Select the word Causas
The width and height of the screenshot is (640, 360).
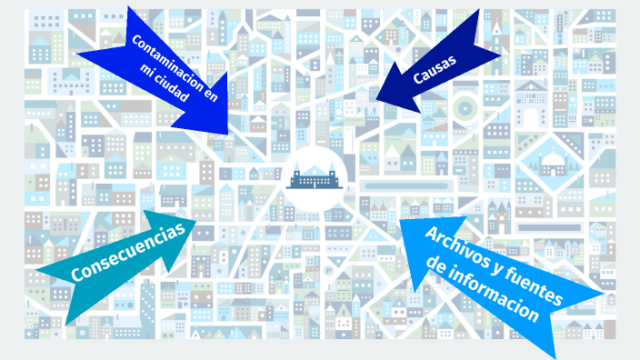pyautogui.click(x=434, y=70)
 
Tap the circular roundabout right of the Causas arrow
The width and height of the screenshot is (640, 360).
pyautogui.click(x=465, y=108)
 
